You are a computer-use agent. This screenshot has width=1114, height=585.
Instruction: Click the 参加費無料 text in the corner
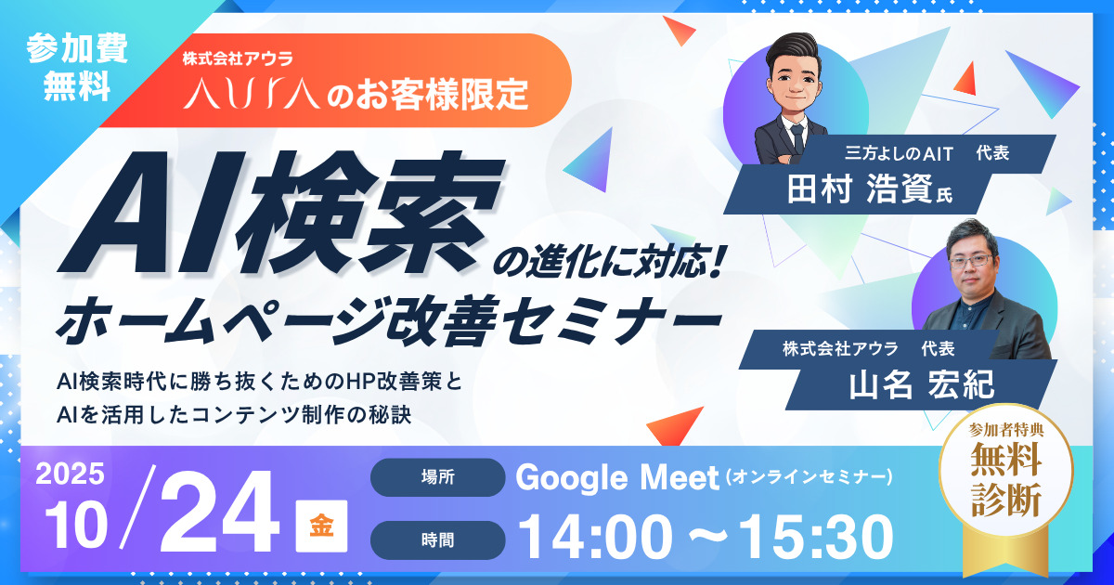(71, 68)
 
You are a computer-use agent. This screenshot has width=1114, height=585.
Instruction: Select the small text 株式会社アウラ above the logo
(239, 58)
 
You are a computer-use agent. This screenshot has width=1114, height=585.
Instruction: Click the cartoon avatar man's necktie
(797, 136)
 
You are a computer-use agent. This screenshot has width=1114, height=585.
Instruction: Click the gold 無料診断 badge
(1006, 477)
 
